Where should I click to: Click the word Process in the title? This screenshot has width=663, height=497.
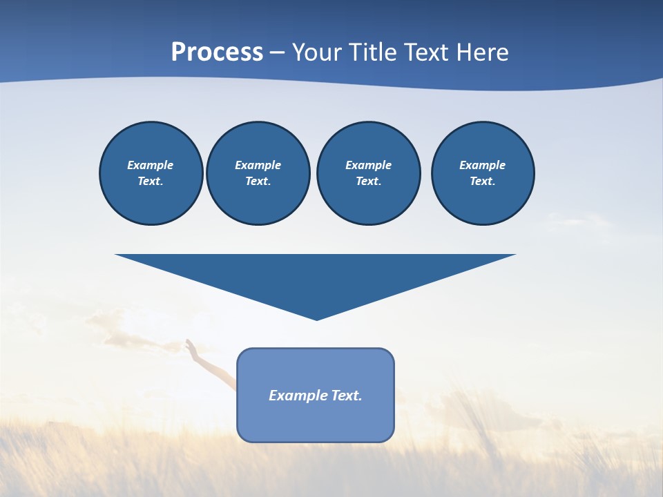[x=217, y=52]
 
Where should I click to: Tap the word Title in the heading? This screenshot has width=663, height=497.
[x=374, y=52]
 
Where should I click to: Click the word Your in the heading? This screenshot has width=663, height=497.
[x=318, y=52]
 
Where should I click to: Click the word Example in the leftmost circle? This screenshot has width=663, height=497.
[x=151, y=165]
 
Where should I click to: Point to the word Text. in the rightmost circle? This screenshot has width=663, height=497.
[x=483, y=182]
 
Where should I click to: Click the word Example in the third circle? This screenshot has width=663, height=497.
[x=368, y=165]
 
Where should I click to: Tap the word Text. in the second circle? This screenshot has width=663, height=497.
[x=258, y=182]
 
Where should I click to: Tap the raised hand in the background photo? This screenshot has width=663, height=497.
[x=191, y=349]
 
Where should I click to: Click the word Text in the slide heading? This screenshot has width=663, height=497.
[x=427, y=52]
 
